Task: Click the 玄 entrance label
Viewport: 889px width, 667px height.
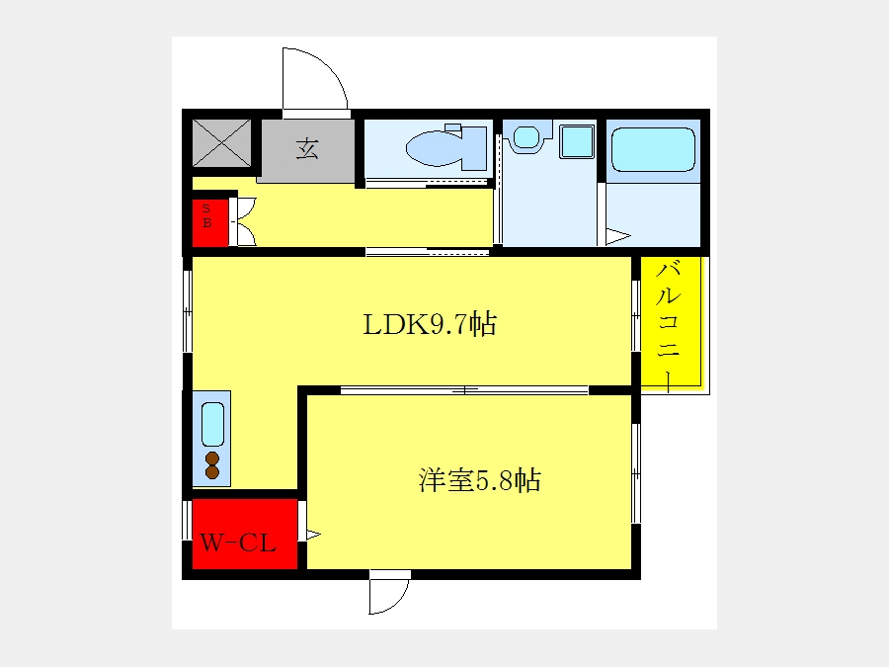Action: (x=307, y=148)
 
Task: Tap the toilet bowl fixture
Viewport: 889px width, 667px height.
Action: (x=435, y=148)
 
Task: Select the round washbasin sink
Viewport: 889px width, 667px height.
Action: (x=526, y=136)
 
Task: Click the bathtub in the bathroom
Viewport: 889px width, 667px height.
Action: (x=653, y=149)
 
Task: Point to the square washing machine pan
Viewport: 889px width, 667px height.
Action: (x=577, y=141)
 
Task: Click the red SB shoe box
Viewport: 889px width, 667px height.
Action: (x=209, y=223)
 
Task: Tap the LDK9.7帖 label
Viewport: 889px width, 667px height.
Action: (x=430, y=325)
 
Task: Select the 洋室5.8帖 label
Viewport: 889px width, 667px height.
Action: (x=480, y=480)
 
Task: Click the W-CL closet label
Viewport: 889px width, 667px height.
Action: (x=238, y=542)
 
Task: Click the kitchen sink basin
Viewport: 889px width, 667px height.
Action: (x=212, y=424)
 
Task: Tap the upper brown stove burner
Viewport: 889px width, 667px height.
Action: (x=212, y=459)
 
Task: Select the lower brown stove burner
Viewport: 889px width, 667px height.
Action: (x=212, y=471)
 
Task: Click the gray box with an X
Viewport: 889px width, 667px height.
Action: (x=221, y=143)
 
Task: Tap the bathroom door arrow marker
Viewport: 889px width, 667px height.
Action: (x=618, y=236)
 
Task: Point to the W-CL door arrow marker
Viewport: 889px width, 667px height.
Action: (x=313, y=534)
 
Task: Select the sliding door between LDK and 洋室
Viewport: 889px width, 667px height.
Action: (x=464, y=390)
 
